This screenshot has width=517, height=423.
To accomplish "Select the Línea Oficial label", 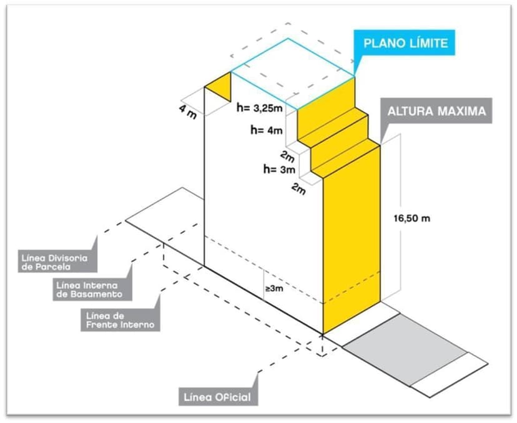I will click(216, 397).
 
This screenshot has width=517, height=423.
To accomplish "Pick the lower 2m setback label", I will click(298, 188).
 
